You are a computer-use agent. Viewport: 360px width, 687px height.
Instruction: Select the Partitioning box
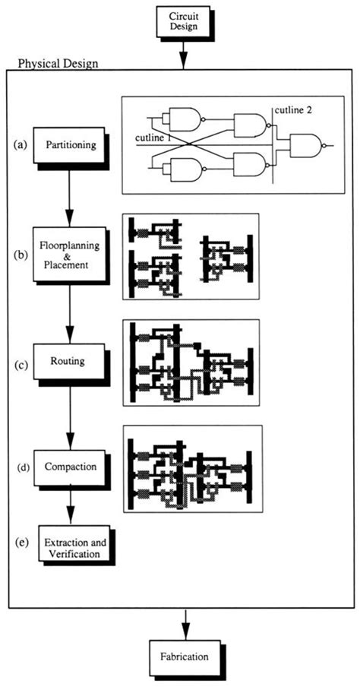coord(71,144)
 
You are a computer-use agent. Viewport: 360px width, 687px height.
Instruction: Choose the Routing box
coord(70,362)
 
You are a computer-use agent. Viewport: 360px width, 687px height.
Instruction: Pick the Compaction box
coord(70,465)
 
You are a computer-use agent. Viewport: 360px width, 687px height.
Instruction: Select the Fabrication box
coord(183,655)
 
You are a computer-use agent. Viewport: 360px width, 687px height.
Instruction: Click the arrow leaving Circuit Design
coord(183,53)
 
